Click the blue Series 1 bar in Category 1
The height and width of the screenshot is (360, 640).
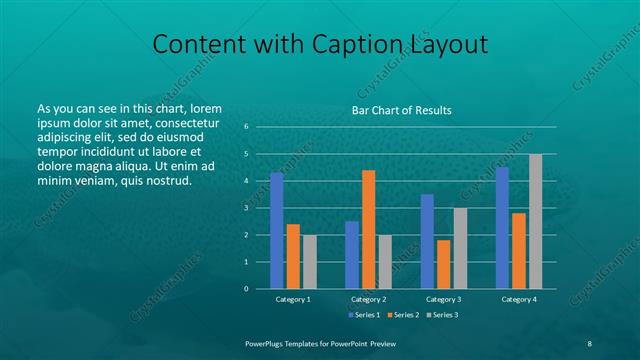tap(276, 230)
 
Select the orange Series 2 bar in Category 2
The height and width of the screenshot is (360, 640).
tap(368, 229)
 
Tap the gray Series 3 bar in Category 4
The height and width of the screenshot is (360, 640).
tap(535, 221)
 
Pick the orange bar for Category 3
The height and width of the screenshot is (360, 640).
tap(443, 264)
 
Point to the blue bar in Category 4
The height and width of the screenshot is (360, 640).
tap(502, 228)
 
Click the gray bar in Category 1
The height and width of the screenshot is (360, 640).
tap(309, 261)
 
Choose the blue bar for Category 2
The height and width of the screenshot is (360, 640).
tap(352, 254)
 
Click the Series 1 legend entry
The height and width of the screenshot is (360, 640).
tap(363, 315)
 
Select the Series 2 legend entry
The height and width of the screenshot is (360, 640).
tap(402, 315)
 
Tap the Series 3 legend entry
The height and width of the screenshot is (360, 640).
tap(441, 315)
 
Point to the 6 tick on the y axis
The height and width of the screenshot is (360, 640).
tap(246, 127)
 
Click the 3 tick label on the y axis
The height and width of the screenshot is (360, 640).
tap(246, 208)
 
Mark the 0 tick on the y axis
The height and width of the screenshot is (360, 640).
tap(246, 289)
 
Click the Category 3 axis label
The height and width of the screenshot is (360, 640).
tap(443, 299)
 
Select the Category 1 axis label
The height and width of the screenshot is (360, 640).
tap(293, 299)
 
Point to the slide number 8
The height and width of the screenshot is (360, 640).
tap(590, 342)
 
